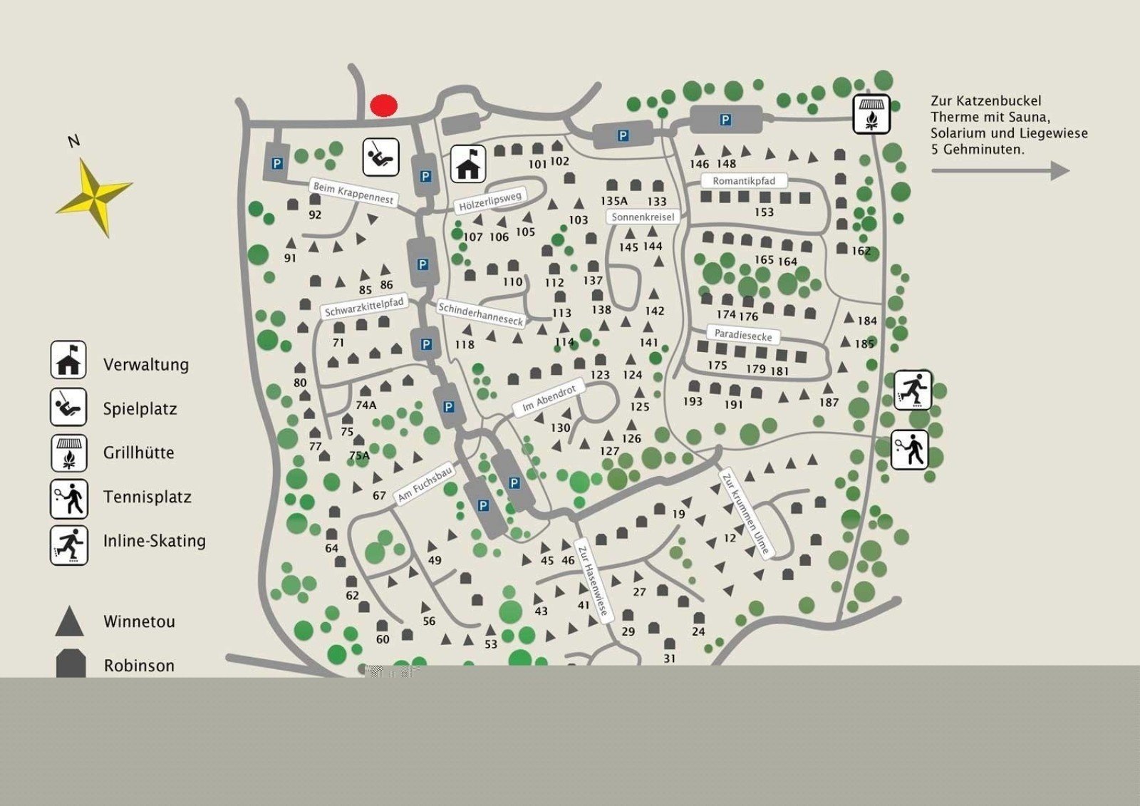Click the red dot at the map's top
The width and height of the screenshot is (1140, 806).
(383, 105)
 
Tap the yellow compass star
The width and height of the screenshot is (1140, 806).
(94, 197)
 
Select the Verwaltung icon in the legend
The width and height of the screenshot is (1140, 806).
(68, 360)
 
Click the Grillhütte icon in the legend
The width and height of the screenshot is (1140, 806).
(68, 453)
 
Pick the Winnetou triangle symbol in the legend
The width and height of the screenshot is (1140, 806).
(70, 621)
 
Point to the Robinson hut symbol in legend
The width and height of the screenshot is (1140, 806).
(71, 663)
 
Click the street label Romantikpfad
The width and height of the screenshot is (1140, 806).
(744, 181)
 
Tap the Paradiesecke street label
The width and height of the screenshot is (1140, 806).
(743, 334)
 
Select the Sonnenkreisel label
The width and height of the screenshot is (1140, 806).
(643, 217)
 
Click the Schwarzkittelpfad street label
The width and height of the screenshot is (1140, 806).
(364, 307)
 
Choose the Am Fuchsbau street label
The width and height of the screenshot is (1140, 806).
(425, 484)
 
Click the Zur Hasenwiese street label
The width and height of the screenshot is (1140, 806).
(593, 581)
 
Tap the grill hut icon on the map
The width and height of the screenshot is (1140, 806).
(871, 114)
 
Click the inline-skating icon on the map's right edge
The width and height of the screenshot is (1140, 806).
(912, 390)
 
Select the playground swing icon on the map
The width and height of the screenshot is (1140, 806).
(380, 157)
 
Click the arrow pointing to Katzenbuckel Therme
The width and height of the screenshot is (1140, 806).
(1000, 171)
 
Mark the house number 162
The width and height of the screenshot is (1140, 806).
(861, 251)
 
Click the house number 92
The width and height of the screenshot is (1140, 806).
(315, 215)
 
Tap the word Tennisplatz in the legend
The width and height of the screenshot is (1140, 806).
(147, 497)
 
